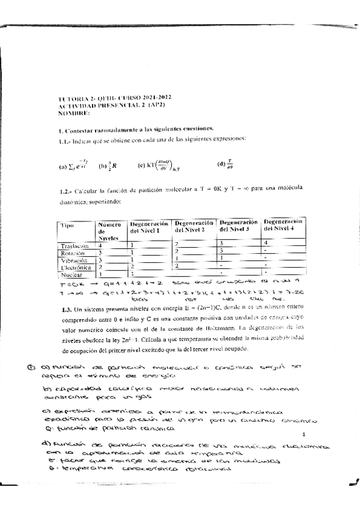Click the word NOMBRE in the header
click(x=74, y=112)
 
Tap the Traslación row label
click(x=75, y=246)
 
